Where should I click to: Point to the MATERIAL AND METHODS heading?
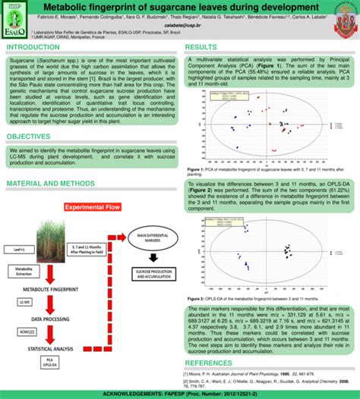(52, 184)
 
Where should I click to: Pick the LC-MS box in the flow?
(24, 302)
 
